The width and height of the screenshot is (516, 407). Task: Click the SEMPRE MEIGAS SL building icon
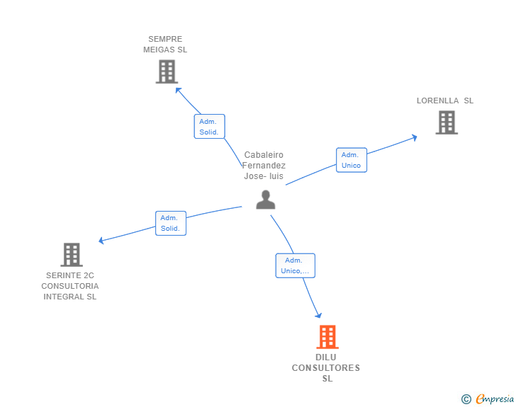[167, 71]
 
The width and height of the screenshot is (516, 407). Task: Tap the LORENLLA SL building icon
[447, 122]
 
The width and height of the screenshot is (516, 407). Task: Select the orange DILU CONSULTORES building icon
[327, 337]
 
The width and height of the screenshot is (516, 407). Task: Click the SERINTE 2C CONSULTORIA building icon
[72, 254]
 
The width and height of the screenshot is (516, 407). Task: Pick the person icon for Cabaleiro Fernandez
[266, 200]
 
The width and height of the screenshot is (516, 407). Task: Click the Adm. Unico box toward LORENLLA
[352, 160]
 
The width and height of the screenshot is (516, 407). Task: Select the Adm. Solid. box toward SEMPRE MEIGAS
[209, 127]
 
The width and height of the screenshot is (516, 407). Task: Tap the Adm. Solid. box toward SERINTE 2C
[171, 223]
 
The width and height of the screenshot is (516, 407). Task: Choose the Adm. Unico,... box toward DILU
[295, 265]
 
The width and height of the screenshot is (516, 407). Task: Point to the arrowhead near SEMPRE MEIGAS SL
[178, 90]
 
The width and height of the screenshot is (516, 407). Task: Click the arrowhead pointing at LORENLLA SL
[415, 137]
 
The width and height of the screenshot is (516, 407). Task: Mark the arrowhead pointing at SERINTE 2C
[101, 241]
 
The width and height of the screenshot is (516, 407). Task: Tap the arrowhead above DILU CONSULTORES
[318, 315]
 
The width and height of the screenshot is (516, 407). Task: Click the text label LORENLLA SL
[445, 101]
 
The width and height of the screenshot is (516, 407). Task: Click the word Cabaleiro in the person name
[264, 155]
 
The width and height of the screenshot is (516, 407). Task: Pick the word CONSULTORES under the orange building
[326, 368]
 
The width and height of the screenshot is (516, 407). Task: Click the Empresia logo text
[495, 399]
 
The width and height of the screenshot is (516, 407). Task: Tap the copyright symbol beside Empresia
[466, 399]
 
